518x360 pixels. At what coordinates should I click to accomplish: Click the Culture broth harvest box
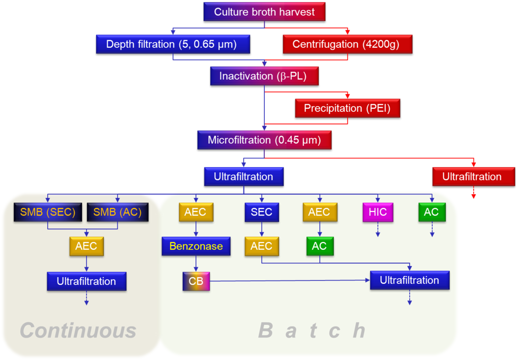(264, 12)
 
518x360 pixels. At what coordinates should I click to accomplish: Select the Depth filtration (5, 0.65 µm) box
(173, 44)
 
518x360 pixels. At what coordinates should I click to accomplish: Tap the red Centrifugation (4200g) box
(347, 44)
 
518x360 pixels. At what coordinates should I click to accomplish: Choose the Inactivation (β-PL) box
(264, 76)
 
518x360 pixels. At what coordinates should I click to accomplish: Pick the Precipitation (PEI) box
(347, 108)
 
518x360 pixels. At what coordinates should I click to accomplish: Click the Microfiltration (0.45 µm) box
(264, 140)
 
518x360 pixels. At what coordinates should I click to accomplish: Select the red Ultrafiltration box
(473, 177)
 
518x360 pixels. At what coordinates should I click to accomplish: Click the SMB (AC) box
(118, 212)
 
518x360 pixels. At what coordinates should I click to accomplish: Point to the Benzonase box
(196, 247)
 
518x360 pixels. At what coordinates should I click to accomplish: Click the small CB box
(196, 281)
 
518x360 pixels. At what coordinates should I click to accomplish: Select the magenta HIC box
(378, 212)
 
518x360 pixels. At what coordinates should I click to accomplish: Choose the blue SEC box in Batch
(261, 212)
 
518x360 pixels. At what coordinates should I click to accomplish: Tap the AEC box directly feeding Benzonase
(196, 212)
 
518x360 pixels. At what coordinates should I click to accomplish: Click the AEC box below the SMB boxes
(86, 247)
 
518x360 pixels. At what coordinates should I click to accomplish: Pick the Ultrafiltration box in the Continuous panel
(86, 281)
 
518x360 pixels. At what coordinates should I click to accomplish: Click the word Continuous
(78, 331)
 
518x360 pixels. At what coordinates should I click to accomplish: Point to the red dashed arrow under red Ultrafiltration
(473, 193)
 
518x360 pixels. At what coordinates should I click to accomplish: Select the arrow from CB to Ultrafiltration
(290, 280)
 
